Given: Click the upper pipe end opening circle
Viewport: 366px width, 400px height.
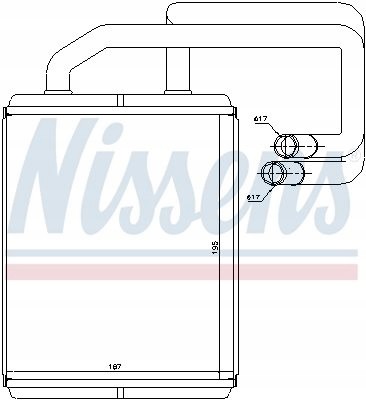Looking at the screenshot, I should (x=285, y=148).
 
